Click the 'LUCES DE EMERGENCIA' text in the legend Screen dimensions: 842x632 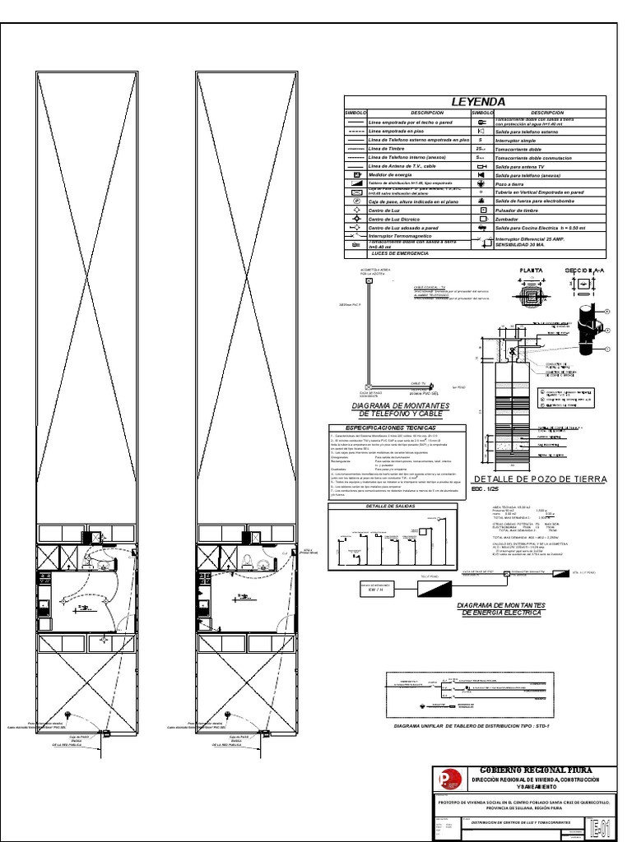point(401,254)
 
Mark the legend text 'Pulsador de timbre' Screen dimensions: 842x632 point(518,210)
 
